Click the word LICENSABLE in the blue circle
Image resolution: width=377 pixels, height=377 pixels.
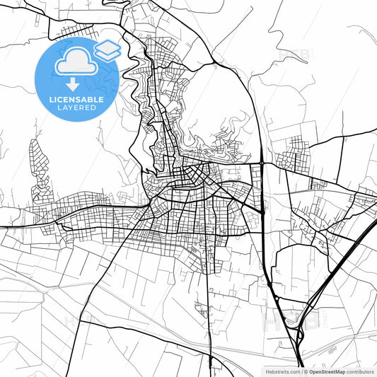pos(76,100)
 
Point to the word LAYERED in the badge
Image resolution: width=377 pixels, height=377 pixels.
pos(76,108)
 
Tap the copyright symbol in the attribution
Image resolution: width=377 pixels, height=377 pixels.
pos(305,371)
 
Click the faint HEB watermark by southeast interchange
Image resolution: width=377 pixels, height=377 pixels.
pos(291,322)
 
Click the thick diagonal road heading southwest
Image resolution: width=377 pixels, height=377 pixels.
pos(106,276)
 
